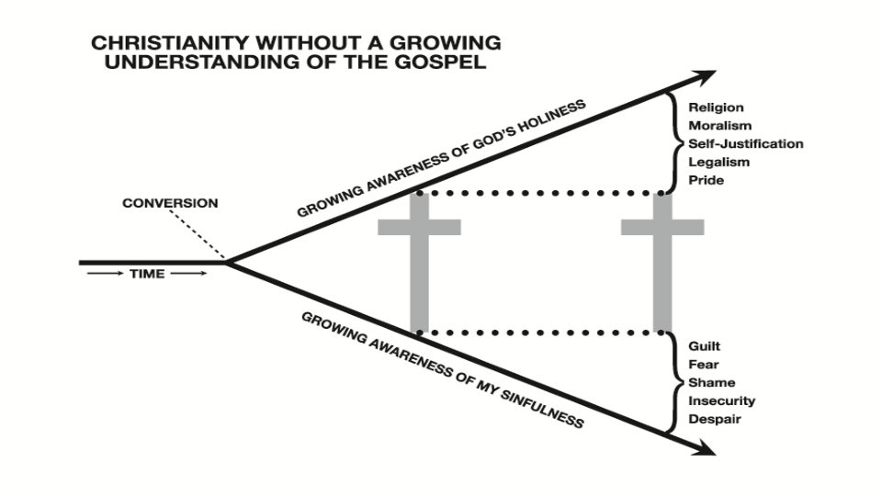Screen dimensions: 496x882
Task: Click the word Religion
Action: click(716, 108)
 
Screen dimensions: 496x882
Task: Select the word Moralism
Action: click(719, 126)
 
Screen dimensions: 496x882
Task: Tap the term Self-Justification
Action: click(745, 144)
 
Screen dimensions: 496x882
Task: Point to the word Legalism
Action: click(718, 163)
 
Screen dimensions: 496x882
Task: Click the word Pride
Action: click(706, 181)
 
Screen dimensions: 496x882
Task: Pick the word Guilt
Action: click(705, 346)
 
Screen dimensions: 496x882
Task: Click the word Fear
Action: click(703, 365)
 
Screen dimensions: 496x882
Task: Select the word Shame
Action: click(711, 383)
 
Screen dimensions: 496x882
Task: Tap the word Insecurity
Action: click(721, 401)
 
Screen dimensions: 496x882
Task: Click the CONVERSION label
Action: click(170, 203)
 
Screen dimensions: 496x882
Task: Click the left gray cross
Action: click(419, 262)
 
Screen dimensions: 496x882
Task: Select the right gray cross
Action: click(662, 262)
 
